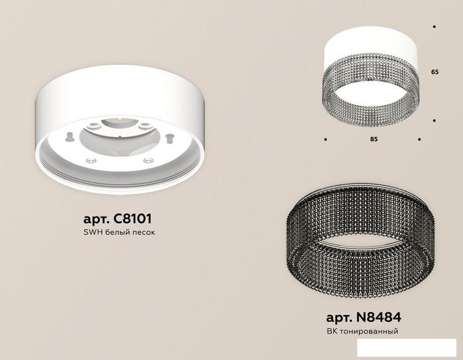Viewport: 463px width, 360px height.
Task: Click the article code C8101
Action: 132,219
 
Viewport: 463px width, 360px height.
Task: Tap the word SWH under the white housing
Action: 93,232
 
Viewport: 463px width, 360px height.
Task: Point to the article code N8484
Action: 379,318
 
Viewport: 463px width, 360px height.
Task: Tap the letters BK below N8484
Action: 332,331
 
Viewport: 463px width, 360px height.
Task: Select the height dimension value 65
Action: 435,71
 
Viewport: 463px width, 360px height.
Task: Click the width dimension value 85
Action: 374,139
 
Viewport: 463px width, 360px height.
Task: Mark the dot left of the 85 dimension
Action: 325,140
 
